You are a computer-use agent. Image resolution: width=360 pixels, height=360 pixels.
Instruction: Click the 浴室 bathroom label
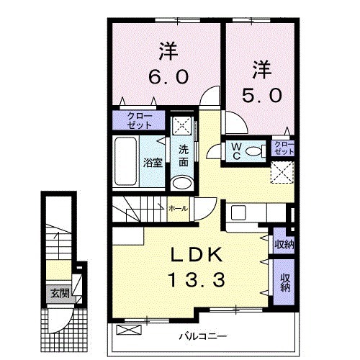[x=152, y=162]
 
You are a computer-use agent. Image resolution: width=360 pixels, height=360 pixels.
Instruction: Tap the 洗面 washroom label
[x=184, y=156]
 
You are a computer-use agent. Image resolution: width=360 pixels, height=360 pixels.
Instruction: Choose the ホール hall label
[x=177, y=208]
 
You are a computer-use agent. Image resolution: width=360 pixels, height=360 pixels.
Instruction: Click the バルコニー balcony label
[x=203, y=336]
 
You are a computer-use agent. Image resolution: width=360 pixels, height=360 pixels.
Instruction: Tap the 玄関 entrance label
[x=60, y=293]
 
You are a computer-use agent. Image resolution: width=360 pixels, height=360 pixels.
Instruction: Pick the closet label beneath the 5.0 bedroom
[x=284, y=149]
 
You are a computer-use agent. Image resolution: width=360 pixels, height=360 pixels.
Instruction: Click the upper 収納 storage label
[x=283, y=244]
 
